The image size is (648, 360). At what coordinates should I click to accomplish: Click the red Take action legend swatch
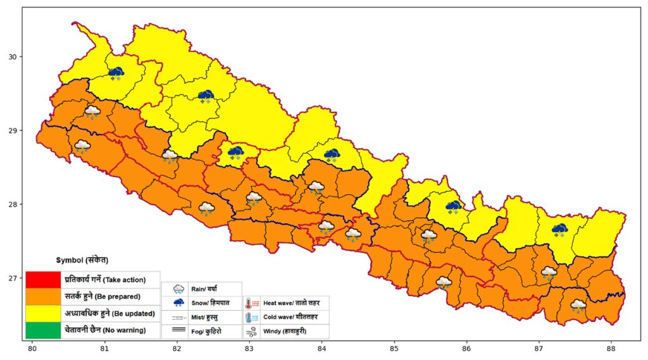[x=43, y=279]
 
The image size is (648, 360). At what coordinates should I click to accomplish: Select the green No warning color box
[x=43, y=330]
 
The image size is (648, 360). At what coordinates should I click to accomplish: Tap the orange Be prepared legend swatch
[x=43, y=295]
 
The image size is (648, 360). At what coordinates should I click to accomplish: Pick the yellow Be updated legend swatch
[x=43, y=313]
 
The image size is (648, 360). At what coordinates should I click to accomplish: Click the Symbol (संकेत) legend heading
[x=82, y=260]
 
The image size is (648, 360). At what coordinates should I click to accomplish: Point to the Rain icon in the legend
[x=179, y=289]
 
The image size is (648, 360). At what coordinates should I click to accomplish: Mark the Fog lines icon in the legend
[x=179, y=330]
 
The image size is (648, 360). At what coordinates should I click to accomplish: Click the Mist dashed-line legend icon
[x=179, y=317]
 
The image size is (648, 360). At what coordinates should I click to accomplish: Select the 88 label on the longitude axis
[x=611, y=348]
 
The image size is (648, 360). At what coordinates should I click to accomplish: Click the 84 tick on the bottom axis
[x=321, y=348]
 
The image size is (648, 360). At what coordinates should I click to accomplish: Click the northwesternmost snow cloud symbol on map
[x=116, y=73]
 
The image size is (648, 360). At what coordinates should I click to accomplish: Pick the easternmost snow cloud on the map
[x=559, y=230]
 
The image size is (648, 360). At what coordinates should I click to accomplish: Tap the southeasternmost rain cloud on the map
[x=578, y=306]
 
